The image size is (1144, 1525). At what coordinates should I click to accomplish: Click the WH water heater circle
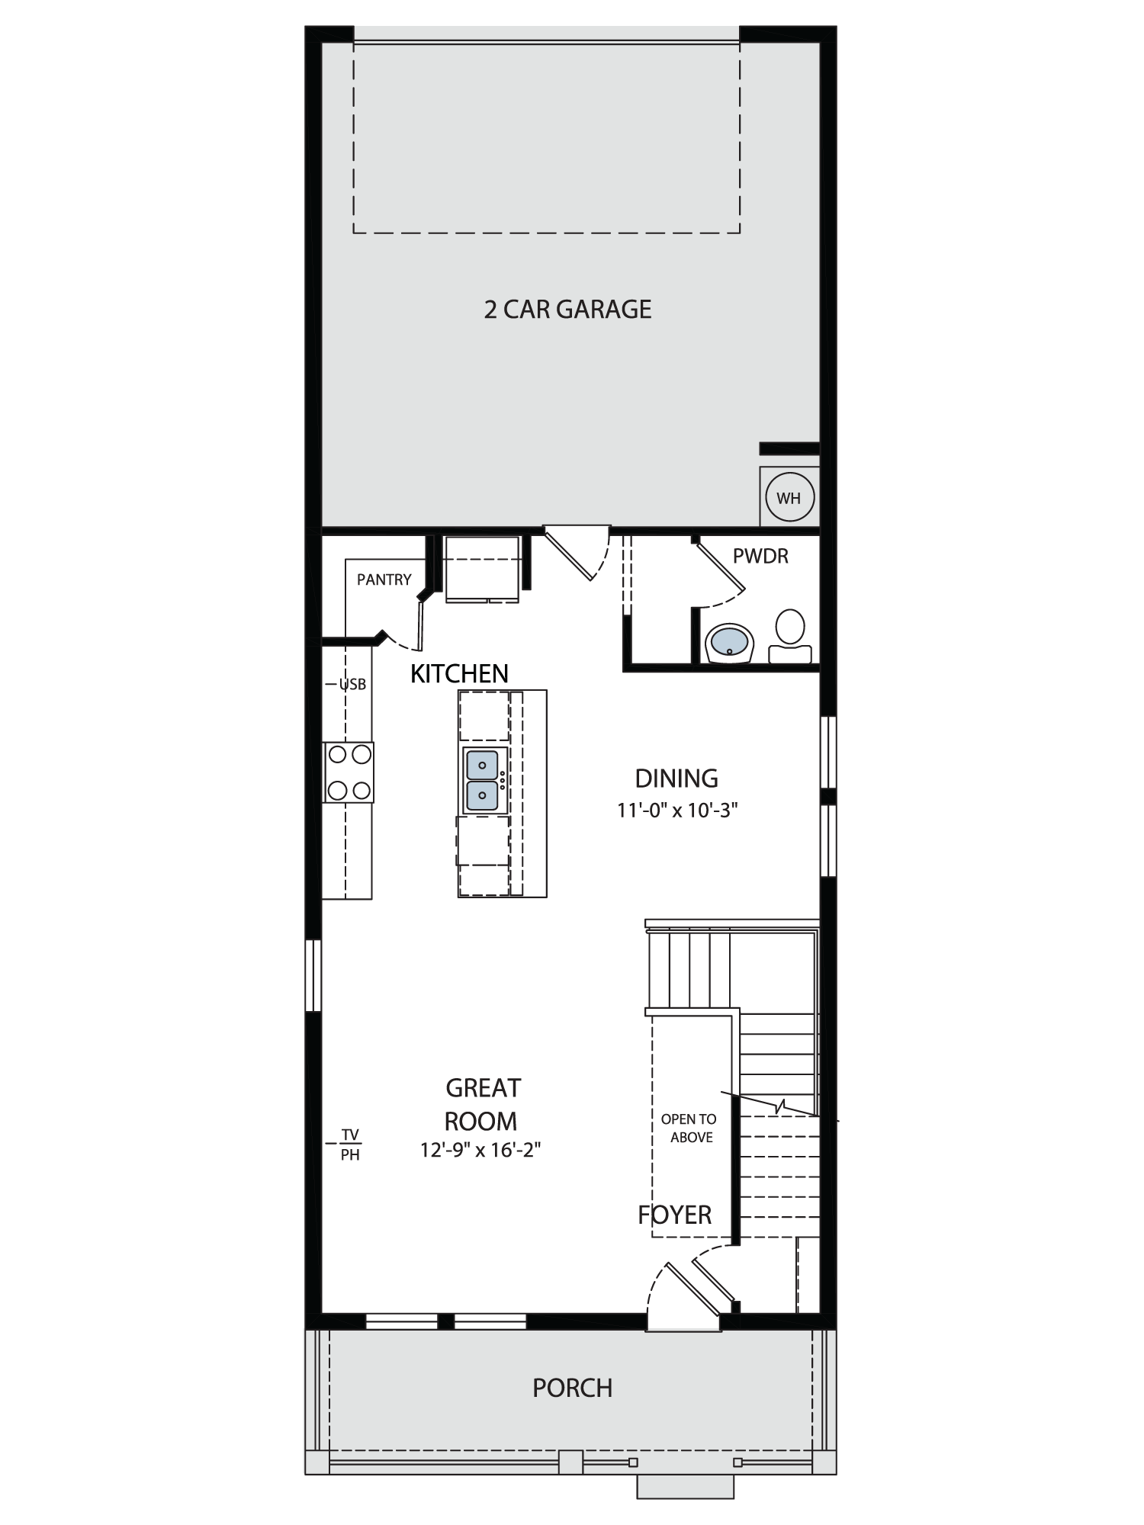789,498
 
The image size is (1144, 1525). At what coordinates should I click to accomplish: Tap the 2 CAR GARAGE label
567,310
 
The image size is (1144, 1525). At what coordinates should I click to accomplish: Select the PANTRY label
384,579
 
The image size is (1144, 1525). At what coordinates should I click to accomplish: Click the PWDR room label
760,556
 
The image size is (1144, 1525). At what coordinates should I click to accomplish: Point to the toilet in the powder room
790,636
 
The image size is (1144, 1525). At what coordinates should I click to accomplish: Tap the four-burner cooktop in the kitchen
349,772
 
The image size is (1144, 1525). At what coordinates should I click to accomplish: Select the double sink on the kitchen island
482,779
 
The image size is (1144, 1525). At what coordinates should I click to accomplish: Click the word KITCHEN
459,673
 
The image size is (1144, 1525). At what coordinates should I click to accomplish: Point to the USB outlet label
352,685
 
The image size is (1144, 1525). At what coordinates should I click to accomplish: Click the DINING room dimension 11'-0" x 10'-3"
677,810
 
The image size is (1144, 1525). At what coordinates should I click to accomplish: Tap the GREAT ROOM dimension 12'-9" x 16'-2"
480,1149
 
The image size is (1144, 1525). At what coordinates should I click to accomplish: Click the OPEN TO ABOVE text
689,1128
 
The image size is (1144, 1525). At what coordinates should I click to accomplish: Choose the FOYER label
675,1215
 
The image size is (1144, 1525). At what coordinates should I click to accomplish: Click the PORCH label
572,1388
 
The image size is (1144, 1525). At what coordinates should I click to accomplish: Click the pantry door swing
404,627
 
